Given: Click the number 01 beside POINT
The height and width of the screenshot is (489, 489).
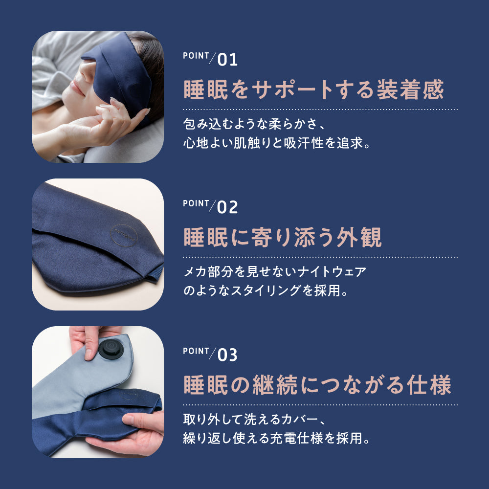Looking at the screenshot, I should (227, 60).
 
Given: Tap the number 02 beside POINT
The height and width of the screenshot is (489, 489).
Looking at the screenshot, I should (227, 207).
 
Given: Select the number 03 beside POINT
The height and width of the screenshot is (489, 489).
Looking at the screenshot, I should (227, 355).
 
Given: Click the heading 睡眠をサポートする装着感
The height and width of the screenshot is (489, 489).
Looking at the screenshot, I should (313, 90).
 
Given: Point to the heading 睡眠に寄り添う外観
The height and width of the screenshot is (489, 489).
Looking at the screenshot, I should (283, 238).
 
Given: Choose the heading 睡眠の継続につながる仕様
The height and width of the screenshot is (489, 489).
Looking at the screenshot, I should (317, 385).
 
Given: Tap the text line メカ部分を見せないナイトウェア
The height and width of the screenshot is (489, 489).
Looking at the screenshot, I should (275, 271).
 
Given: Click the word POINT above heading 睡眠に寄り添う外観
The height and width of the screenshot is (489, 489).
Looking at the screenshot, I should (196, 203).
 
